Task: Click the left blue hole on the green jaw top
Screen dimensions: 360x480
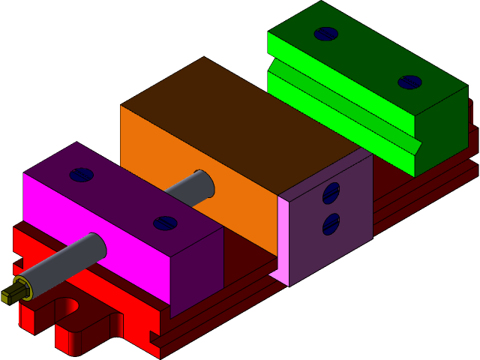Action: tap(326, 34)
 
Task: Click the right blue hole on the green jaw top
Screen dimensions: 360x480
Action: tap(409, 82)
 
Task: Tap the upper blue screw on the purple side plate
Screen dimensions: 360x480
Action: tap(331, 193)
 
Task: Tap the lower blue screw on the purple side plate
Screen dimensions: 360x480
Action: tap(331, 224)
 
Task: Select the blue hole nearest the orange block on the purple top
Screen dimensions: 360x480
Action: tap(165, 223)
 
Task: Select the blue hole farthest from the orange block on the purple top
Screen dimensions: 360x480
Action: tap(81, 175)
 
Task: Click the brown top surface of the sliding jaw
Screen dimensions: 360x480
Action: tap(240, 112)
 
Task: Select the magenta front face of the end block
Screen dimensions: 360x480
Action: tap(97, 225)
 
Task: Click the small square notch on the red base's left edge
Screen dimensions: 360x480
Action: tap(16, 260)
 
